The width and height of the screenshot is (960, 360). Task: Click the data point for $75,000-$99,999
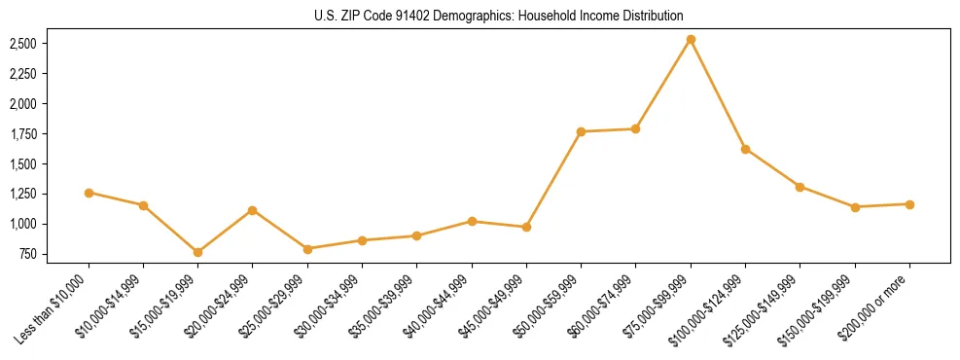[691, 40]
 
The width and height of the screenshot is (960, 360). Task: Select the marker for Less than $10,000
[89, 193]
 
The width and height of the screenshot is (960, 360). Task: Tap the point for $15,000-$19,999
[198, 252]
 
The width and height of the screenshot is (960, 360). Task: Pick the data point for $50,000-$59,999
[581, 131]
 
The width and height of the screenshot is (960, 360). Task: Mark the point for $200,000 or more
[909, 204]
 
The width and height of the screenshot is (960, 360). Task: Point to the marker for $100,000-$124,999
[745, 149]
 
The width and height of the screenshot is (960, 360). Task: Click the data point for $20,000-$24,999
[253, 210]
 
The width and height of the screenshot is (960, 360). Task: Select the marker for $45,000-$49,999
[526, 227]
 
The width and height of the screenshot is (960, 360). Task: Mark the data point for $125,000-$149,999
[800, 187]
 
